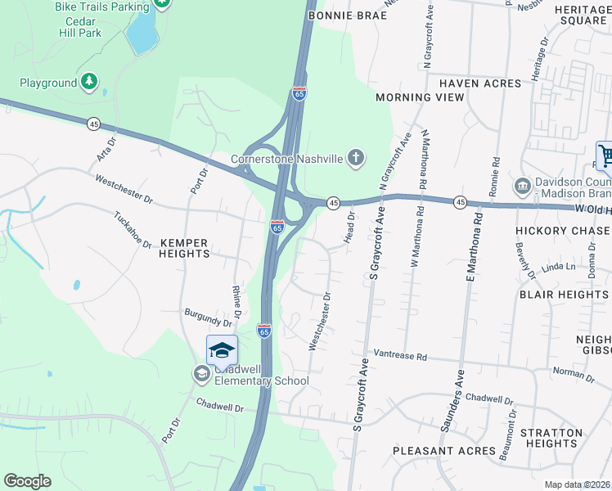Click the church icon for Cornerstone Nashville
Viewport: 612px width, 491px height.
tap(356, 158)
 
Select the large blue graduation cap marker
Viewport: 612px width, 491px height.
tap(221, 350)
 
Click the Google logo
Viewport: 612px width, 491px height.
tap(27, 481)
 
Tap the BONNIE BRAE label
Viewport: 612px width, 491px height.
tap(335, 16)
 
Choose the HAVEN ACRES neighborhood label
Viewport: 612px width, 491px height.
tap(479, 83)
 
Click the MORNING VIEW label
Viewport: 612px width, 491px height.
tap(420, 97)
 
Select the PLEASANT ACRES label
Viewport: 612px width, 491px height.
tap(444, 451)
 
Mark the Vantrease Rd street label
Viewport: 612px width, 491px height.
tap(401, 356)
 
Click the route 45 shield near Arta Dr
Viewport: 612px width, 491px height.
tap(94, 123)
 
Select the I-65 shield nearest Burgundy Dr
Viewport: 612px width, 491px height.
tap(263, 331)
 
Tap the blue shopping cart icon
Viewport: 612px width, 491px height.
tap(605, 155)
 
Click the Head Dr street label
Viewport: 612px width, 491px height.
tap(350, 226)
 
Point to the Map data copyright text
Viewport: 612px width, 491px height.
tap(578, 484)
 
